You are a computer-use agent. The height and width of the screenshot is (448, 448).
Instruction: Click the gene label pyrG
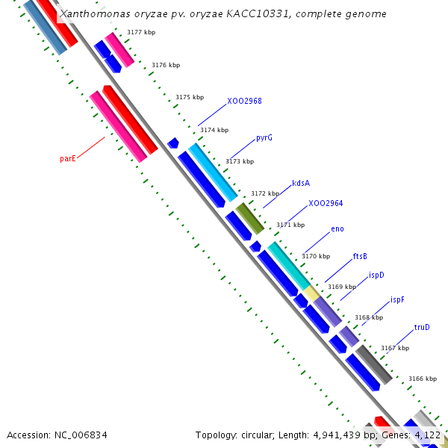click(x=264, y=138)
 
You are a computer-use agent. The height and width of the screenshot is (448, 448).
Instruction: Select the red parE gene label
click(x=68, y=158)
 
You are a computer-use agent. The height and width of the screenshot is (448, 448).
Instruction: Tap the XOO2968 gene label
click(x=244, y=101)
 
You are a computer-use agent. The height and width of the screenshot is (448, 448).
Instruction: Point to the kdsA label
click(x=301, y=183)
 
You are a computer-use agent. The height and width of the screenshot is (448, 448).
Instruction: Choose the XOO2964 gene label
click(x=326, y=203)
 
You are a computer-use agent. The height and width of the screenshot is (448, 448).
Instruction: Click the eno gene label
click(x=337, y=228)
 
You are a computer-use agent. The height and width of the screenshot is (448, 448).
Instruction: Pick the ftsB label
click(x=360, y=256)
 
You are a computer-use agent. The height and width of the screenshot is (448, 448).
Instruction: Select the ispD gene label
click(x=376, y=275)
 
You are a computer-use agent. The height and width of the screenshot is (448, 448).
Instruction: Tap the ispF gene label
click(x=397, y=300)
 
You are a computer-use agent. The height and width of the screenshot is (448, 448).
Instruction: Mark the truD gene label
click(x=422, y=327)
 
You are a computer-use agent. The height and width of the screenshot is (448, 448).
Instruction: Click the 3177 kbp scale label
click(x=141, y=33)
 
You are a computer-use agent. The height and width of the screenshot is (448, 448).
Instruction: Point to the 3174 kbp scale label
click(x=214, y=130)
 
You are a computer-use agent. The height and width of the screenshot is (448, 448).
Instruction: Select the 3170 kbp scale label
click(x=315, y=256)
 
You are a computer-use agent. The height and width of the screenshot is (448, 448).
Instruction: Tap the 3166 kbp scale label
click(x=422, y=379)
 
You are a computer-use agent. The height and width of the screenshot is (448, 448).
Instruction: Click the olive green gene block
click(x=250, y=218)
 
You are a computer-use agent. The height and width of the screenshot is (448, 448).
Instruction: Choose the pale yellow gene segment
click(x=311, y=293)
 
